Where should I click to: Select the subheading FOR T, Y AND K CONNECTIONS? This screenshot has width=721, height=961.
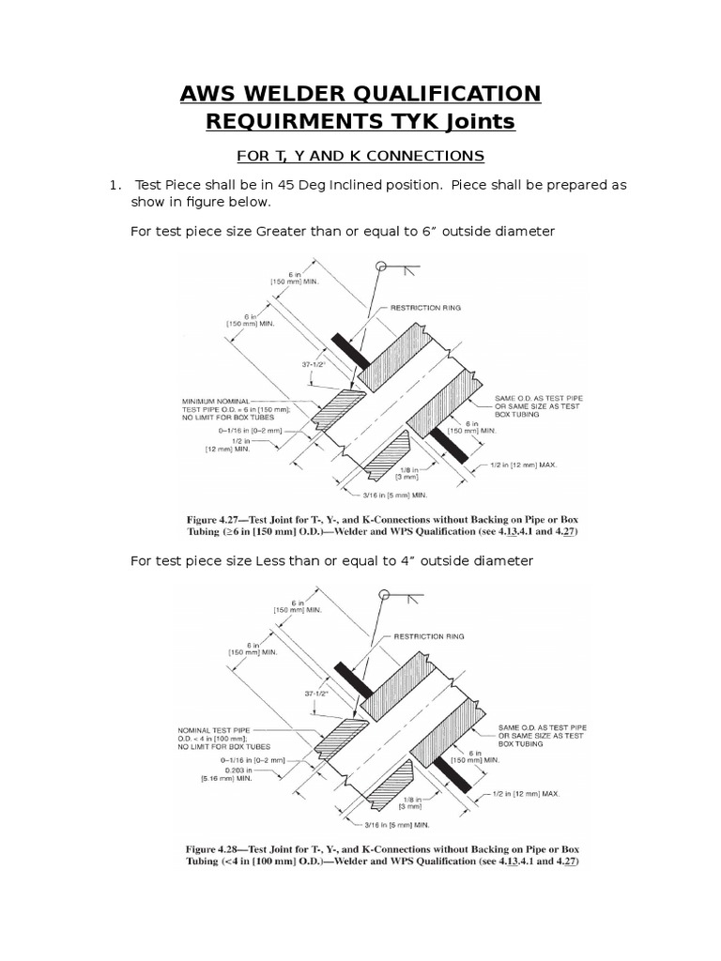click(360, 155)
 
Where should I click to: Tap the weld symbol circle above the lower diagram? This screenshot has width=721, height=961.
click(382, 593)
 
